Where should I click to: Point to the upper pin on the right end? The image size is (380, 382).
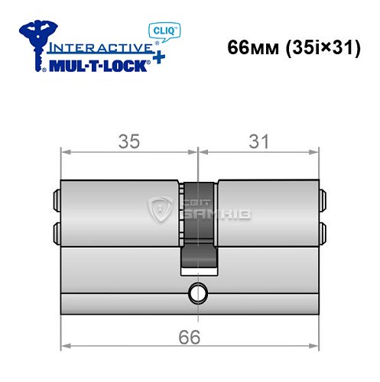point(323,200)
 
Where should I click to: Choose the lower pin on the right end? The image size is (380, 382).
point(323,231)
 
